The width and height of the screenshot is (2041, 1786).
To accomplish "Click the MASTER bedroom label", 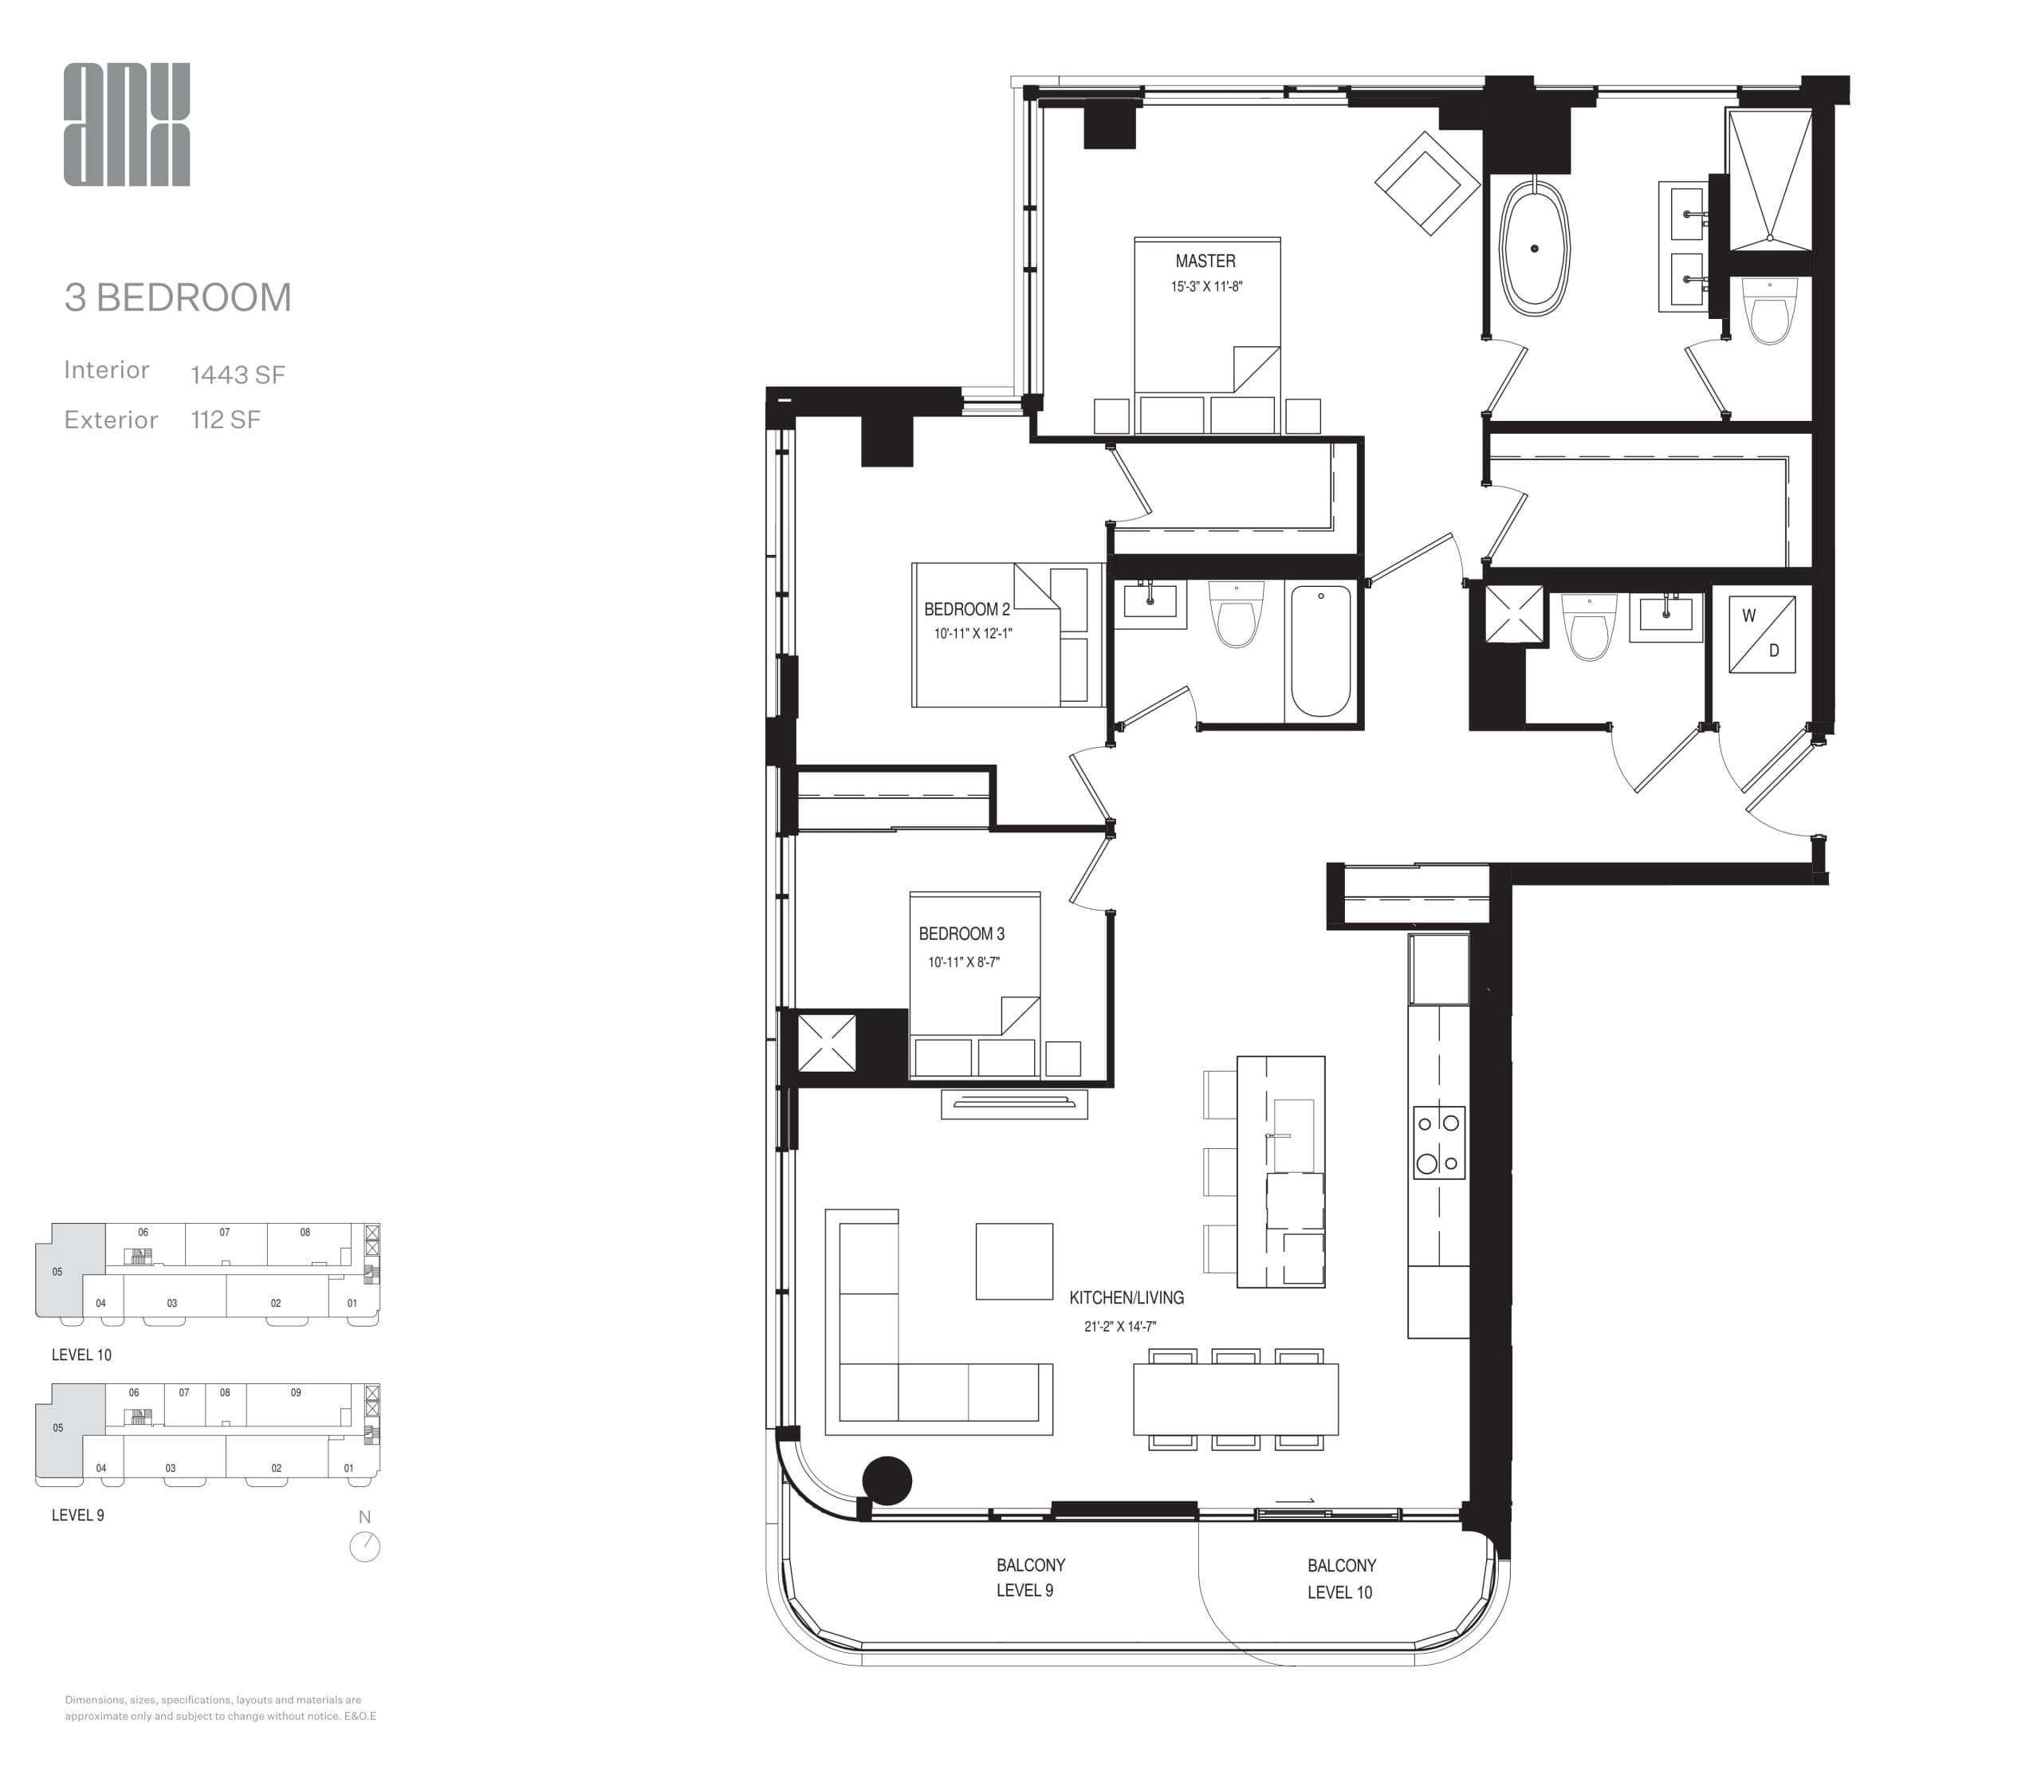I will [x=1205, y=262].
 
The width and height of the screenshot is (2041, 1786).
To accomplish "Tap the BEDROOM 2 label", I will [x=966, y=609].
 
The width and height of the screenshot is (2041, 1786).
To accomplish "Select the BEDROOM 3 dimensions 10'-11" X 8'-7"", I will [x=964, y=962].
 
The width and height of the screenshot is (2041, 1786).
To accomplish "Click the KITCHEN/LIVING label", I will [x=1126, y=1298].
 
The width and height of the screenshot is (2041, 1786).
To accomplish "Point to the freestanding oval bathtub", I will [x=1535, y=248].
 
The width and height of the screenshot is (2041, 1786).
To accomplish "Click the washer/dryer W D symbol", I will [x=1761, y=634].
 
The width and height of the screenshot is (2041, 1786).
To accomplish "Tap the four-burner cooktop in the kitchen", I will [x=1438, y=1142].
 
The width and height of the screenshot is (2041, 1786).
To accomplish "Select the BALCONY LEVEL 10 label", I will [x=1340, y=1579].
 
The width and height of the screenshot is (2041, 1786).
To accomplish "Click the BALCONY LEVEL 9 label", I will [x=1029, y=1578].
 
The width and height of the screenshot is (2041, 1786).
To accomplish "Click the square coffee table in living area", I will [x=1013, y=1261].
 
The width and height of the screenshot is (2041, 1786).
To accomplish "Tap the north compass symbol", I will [x=365, y=1546].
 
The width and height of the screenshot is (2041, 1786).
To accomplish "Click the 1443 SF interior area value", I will [x=238, y=375].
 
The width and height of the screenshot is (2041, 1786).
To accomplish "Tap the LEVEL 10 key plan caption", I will [x=81, y=1355].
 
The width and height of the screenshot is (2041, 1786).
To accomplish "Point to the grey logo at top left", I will [x=127, y=124].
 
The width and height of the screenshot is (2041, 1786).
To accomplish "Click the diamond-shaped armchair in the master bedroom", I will [x=1427, y=183].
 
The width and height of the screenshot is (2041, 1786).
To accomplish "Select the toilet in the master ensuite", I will [x=1770, y=311].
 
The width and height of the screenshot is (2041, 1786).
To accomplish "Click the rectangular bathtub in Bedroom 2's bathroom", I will [x=1320, y=650].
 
